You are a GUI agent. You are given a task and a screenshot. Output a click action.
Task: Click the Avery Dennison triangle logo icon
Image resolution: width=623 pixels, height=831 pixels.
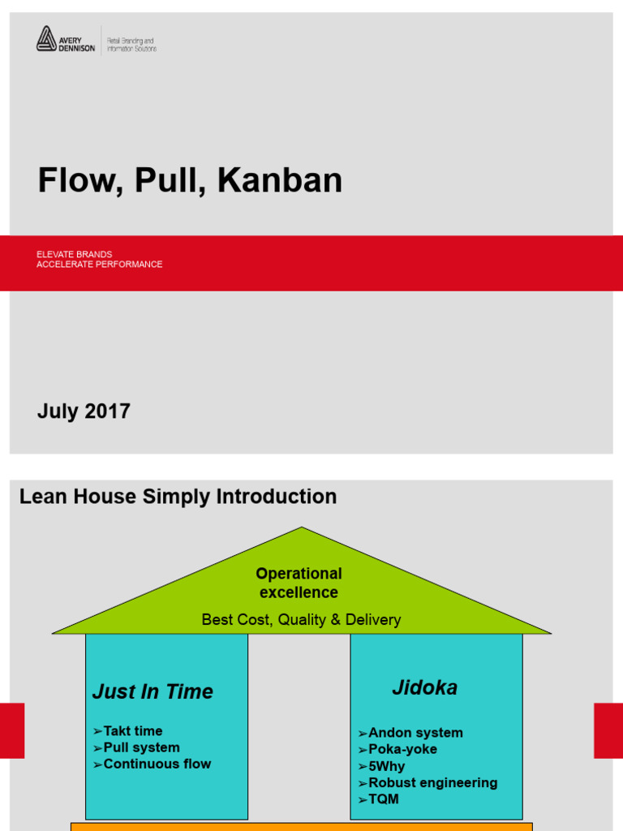(45, 38)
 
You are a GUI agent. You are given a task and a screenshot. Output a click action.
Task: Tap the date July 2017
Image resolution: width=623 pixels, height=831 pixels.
(84, 411)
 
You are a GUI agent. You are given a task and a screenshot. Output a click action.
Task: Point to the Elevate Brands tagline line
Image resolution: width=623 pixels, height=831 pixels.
(75, 254)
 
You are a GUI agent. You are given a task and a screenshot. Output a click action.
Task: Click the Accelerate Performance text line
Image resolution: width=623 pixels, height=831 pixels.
(99, 265)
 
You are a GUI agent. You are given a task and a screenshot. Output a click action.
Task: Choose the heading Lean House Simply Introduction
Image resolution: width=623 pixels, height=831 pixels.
(178, 497)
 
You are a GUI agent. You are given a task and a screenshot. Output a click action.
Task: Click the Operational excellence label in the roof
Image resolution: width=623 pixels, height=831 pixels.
(299, 583)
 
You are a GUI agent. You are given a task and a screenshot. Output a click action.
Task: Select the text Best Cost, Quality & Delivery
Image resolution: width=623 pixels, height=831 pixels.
(301, 620)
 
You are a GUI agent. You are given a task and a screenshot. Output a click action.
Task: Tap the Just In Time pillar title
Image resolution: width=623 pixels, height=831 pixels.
(153, 691)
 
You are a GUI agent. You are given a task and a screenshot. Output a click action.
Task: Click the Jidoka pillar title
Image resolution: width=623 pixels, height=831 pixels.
(424, 688)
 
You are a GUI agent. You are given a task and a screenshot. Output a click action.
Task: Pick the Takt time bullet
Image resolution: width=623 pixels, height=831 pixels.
(132, 731)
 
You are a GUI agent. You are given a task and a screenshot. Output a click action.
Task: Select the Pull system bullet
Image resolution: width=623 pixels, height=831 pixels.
(141, 747)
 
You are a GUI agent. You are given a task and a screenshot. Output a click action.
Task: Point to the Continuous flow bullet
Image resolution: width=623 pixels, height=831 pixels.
(157, 764)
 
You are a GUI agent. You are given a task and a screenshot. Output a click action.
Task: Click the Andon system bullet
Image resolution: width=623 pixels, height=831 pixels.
(415, 733)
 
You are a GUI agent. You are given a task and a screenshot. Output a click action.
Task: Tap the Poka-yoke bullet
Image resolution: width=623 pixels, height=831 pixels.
(402, 749)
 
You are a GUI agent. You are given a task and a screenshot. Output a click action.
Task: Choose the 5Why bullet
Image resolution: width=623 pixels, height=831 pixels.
(386, 766)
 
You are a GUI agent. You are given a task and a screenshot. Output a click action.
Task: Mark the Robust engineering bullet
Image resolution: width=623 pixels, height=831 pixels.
(432, 782)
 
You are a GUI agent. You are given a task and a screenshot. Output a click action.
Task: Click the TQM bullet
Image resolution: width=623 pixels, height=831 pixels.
(383, 799)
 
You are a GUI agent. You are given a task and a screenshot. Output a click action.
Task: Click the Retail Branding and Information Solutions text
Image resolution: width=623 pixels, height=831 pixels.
(131, 44)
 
